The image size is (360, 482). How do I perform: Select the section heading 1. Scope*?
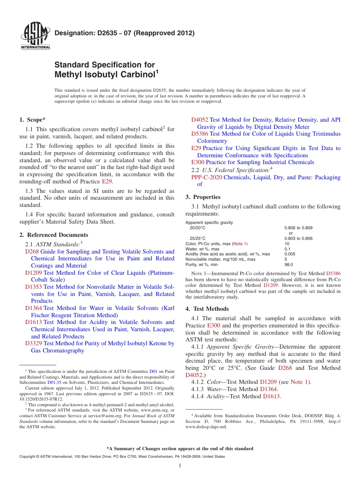[x=33, y=120]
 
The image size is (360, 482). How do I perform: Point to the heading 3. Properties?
[x=203, y=197]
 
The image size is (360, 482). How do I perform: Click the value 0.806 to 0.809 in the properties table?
[x=298, y=228]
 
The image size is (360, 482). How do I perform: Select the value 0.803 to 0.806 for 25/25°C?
[x=298, y=238]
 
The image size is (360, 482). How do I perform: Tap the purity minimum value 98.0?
[x=289, y=265]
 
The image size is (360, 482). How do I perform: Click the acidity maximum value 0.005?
[x=290, y=254]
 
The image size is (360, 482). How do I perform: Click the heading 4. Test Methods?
[x=207, y=308]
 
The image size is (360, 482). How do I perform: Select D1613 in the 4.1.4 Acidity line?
[x=271, y=396]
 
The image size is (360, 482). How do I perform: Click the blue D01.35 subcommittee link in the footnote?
[x=52, y=383]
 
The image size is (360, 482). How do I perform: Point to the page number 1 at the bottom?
[x=180, y=466]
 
